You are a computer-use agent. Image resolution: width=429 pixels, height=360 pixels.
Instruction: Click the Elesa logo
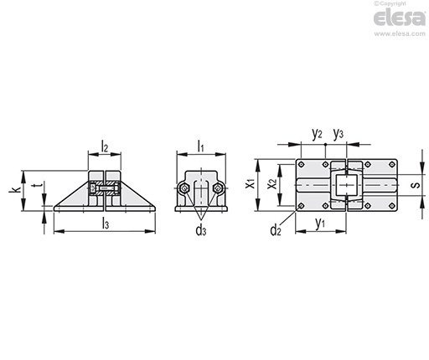[400, 18]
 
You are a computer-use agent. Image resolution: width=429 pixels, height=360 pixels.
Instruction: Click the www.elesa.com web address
[400, 33]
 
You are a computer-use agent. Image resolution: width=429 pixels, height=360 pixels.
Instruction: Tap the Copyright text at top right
[390, 3]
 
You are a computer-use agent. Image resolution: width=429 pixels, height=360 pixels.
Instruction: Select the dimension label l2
[105, 147]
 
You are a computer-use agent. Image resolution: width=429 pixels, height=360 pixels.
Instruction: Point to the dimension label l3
[106, 224]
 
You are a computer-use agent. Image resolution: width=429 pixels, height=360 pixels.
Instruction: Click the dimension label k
[15, 189]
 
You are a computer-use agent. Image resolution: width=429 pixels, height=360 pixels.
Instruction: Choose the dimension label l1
[200, 147]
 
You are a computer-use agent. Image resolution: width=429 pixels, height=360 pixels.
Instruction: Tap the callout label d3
[201, 231]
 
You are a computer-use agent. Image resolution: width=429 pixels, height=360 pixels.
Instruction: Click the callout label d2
[276, 230]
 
